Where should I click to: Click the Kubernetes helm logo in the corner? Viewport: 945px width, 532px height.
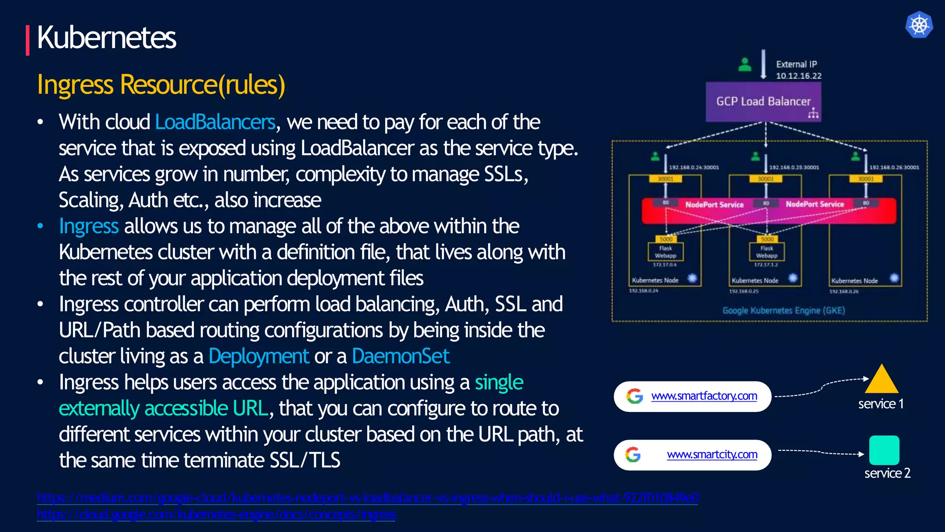(x=919, y=25)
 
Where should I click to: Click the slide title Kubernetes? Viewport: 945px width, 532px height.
(x=106, y=38)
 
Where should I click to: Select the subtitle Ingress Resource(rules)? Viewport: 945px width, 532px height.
(x=161, y=85)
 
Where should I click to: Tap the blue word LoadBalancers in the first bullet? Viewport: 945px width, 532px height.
(x=215, y=122)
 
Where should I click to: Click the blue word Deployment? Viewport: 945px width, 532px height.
(x=258, y=357)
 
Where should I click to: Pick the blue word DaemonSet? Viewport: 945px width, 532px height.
(x=401, y=357)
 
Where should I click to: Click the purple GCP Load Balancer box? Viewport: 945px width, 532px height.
(x=763, y=102)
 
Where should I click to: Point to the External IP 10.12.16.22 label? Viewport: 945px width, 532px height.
(x=798, y=70)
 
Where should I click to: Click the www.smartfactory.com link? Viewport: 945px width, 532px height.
(x=704, y=396)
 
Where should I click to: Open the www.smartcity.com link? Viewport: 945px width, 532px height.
(x=712, y=455)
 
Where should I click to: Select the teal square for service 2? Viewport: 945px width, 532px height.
(x=884, y=450)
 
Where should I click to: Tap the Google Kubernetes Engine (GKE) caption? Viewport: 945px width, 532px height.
(x=784, y=311)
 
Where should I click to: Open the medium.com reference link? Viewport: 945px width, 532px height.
(x=367, y=498)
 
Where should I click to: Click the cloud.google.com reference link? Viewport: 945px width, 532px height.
(x=216, y=514)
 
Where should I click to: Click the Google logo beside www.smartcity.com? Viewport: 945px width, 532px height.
(x=633, y=455)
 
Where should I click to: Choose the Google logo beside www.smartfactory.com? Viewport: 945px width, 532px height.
(x=635, y=396)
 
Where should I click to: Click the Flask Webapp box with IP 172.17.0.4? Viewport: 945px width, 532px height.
(x=665, y=252)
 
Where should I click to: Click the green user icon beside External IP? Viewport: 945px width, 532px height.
(x=745, y=65)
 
